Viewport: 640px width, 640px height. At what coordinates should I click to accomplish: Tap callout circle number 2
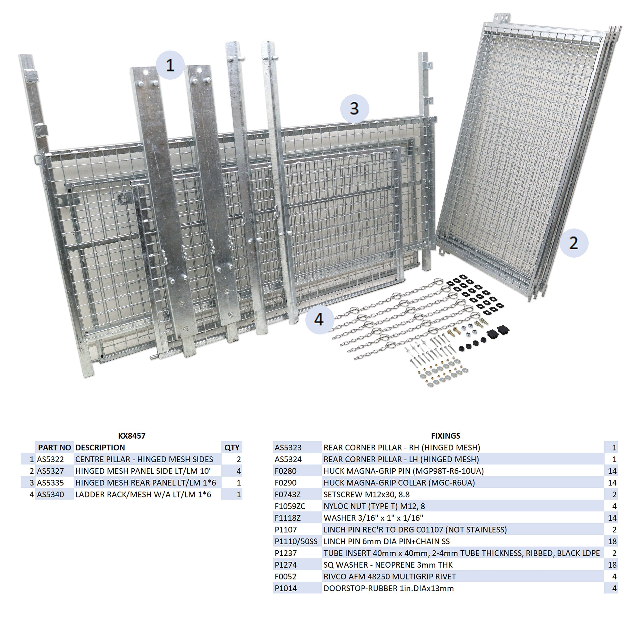point(574,243)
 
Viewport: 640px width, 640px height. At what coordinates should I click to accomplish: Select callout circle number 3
point(354,109)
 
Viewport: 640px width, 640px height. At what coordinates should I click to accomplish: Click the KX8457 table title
point(132,436)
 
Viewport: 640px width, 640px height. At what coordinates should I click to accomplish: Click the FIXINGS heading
point(446,436)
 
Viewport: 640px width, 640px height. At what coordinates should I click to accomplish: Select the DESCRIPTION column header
point(100,448)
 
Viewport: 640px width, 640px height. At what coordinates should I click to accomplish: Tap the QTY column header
point(232,448)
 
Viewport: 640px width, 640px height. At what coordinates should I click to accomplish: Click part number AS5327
point(50,471)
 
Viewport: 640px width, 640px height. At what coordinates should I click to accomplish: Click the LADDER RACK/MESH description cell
point(143,495)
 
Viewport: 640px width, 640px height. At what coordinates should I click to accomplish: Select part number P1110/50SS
point(296,541)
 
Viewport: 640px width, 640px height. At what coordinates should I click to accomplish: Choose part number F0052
point(286,576)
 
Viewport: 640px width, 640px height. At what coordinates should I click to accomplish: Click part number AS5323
point(288,448)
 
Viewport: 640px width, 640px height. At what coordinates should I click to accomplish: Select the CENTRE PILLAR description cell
point(144,459)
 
